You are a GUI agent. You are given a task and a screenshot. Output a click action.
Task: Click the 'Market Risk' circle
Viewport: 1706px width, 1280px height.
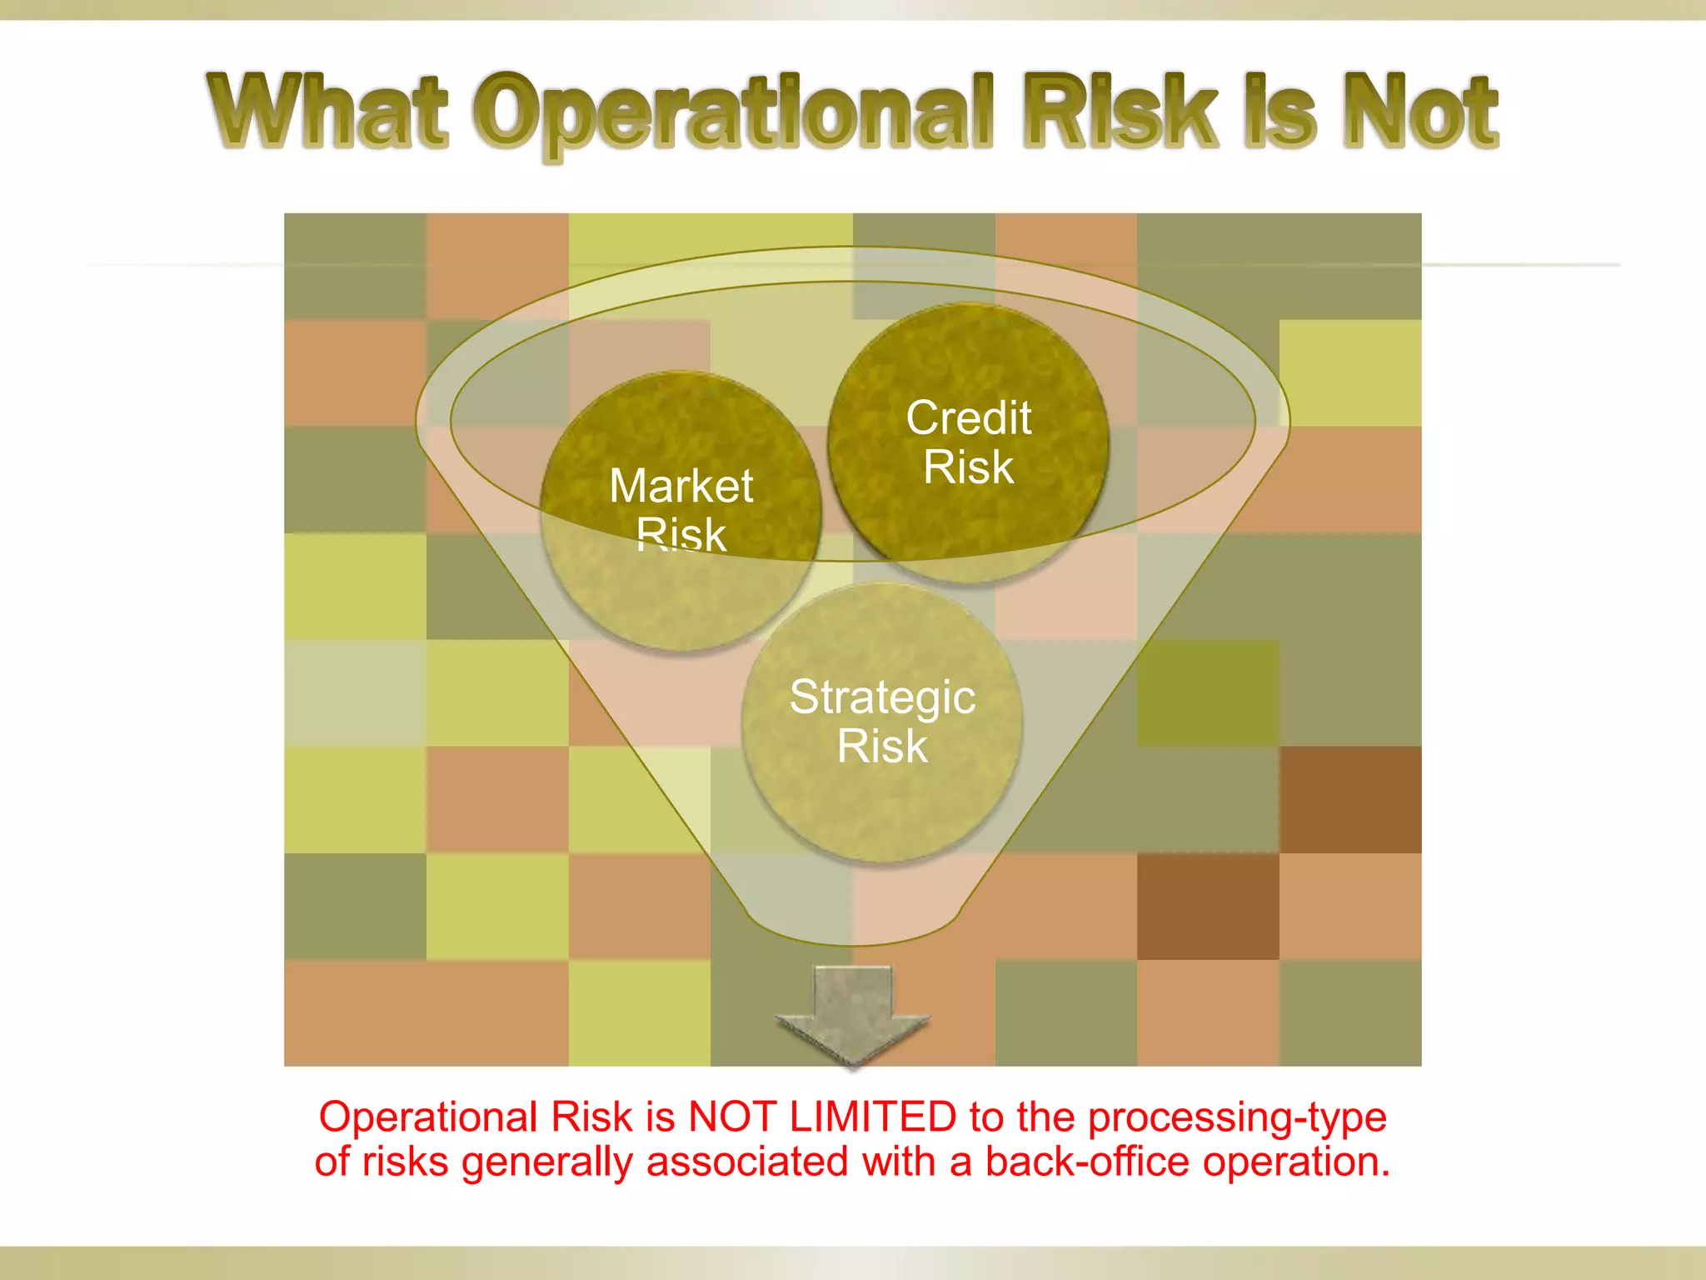pyautogui.click(x=681, y=510)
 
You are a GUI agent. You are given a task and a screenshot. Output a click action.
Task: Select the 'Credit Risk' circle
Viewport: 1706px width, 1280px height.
pyautogui.click(x=968, y=442)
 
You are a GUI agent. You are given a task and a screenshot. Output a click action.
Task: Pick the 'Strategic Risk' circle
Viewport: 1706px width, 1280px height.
pyautogui.click(x=881, y=722)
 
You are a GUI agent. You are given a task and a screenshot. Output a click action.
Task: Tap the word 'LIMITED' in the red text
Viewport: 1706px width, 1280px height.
pyautogui.click(x=872, y=1117)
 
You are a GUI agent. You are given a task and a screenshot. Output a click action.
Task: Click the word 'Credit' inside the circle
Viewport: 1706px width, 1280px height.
pyautogui.click(x=968, y=417)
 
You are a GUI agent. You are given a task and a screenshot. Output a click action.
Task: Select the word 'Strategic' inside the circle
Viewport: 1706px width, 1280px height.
pyautogui.click(x=882, y=697)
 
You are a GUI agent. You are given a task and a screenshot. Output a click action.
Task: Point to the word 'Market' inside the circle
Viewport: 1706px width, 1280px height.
pyautogui.click(x=681, y=486)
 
